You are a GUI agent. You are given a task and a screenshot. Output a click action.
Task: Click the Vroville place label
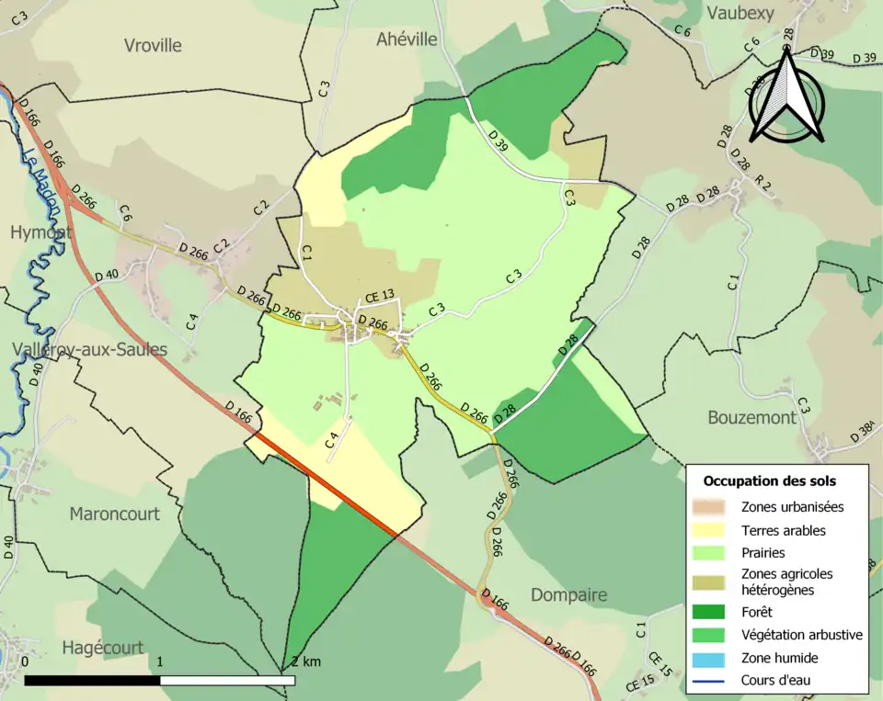pos(153,45)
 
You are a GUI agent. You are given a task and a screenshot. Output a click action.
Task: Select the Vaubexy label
pos(740,12)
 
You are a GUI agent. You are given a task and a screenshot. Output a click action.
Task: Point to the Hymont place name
pos(40,233)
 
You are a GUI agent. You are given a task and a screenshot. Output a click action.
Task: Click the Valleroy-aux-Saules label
pos(90,349)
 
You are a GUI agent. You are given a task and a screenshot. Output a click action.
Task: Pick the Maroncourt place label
pos(114,514)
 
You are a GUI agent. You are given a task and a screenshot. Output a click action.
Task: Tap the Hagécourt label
pos(102,647)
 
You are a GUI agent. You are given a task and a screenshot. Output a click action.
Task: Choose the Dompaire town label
pos(568,594)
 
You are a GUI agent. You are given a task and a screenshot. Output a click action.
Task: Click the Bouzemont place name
pos(751,417)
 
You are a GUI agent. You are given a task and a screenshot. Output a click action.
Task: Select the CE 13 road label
pos(380,296)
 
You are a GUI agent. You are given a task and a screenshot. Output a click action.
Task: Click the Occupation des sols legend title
pos(769,481)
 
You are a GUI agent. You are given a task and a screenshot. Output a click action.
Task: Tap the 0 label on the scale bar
pos(25,661)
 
